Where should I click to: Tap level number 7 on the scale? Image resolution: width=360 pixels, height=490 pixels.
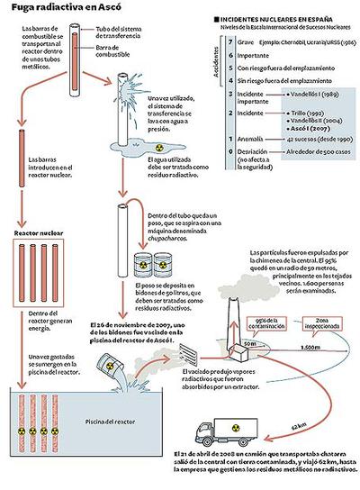233,41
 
